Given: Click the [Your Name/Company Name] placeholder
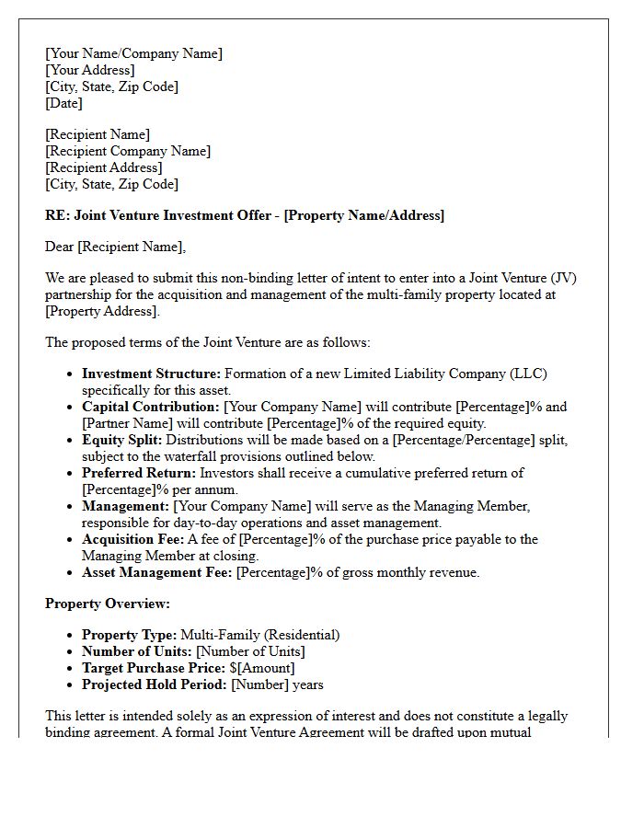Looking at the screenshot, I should pos(133,53).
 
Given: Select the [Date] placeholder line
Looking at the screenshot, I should pos(63,103).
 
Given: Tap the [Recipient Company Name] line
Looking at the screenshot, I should pos(128,151).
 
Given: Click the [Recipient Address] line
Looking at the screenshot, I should pos(103,167).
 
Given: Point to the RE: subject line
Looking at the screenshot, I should pos(244,215).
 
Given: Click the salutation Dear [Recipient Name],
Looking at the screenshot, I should pos(115,247).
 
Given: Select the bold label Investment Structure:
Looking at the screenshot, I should pos(151,374).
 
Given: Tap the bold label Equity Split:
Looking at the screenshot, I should pos(121,440).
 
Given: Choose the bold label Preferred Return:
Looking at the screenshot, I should pos(138,473).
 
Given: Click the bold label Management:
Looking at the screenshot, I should pos(125,506).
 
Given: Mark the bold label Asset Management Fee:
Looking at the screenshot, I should pos(156,572).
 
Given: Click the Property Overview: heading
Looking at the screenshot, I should pos(108,604).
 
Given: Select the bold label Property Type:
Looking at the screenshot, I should pos(129,635).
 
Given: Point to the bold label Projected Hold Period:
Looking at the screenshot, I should pos(154,684).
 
